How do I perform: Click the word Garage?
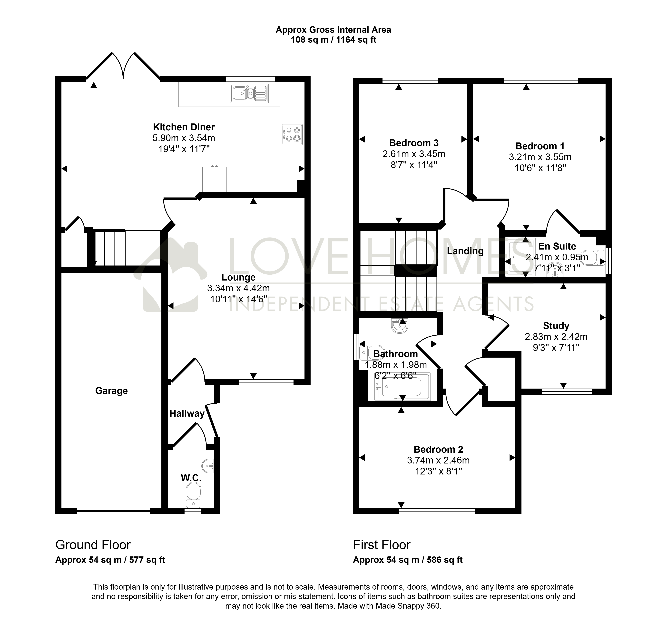point(111,391)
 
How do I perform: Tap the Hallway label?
point(187,413)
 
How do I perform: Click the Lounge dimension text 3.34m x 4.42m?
point(239,288)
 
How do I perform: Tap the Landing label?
point(465,251)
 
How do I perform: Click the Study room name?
point(556,326)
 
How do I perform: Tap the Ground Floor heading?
point(93,545)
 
